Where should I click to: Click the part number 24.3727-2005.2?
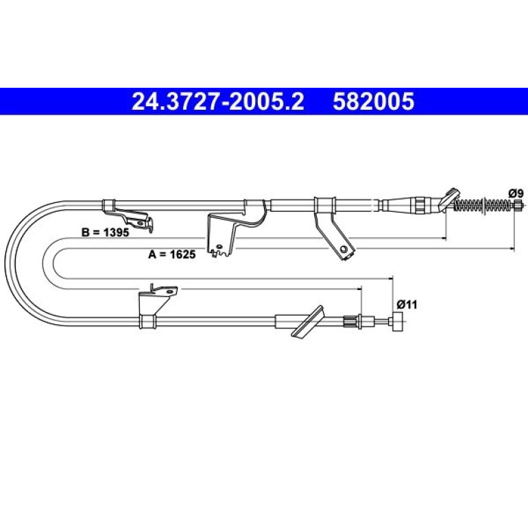click(217, 101)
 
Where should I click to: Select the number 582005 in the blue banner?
click(374, 101)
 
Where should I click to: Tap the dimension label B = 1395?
click(105, 232)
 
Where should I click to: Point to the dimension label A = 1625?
click(171, 254)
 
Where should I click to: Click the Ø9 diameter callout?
click(516, 193)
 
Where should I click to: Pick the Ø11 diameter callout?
click(407, 304)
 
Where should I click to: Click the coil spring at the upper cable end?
click(483, 204)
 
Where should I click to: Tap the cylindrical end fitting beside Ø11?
click(398, 322)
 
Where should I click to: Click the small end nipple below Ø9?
click(518, 204)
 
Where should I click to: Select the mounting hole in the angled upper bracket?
click(344, 249)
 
